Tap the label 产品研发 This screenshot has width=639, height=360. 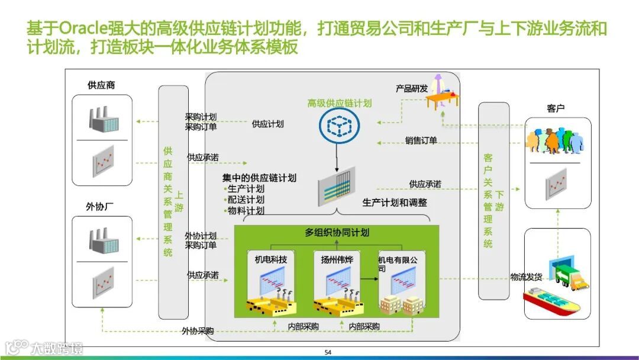412,89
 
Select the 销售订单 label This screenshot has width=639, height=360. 421,141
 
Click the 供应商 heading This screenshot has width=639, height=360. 101,85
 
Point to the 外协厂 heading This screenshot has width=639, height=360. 100,207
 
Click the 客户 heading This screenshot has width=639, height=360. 556,108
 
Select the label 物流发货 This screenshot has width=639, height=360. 526,277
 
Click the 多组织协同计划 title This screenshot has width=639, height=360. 337,233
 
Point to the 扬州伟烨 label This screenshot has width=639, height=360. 333,259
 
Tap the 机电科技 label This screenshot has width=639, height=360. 270,259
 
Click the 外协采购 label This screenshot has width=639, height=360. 198,331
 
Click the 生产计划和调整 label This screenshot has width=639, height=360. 395,202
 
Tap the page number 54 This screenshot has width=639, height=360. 328,353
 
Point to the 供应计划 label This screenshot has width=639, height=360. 267,124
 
